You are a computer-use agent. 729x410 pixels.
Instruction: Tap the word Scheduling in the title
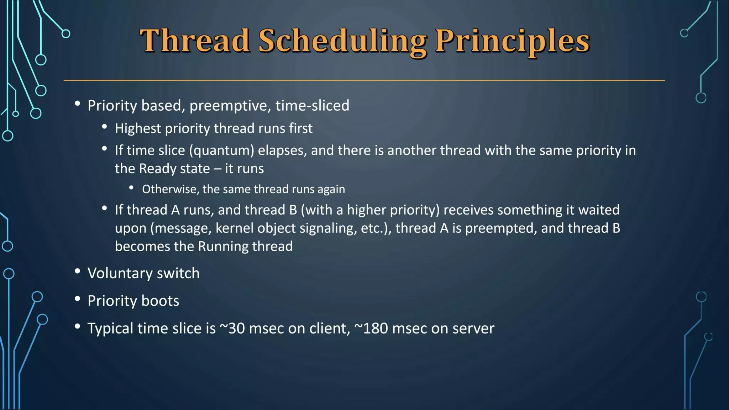pos(342,42)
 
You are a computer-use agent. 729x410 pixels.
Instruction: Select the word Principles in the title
pos(512,42)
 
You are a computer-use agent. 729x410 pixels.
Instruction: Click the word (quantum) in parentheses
pos(221,151)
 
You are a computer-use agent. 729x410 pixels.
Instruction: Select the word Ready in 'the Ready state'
pos(159,169)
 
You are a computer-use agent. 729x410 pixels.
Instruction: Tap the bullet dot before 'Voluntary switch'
pos(77,272)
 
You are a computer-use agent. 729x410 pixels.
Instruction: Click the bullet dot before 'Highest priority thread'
pos(104,127)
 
